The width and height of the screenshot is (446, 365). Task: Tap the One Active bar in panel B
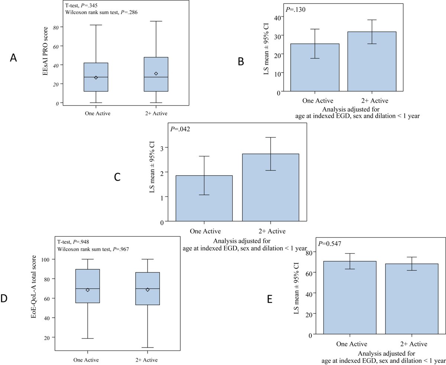pyautogui.click(x=314, y=67)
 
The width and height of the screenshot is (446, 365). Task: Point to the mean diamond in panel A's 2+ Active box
pyautogui.click(x=156, y=74)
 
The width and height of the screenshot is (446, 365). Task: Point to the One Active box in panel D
pyautogui.click(x=88, y=286)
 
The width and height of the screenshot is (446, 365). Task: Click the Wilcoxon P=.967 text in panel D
pyautogui.click(x=95, y=248)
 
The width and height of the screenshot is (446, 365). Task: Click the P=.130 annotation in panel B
pyautogui.click(x=296, y=9)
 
